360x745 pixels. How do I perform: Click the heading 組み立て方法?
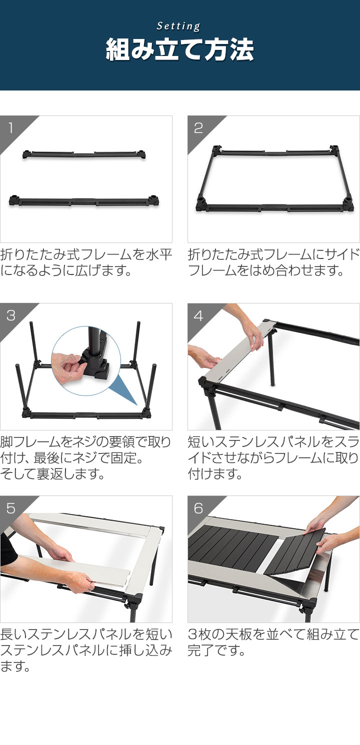pyautogui.click(x=179, y=50)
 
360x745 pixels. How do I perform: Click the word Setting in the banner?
pyautogui.click(x=179, y=26)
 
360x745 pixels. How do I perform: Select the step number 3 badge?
pyautogui.click(x=11, y=315)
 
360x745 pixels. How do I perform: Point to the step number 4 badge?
pyautogui.click(x=198, y=315)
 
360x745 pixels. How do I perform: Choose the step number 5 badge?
pyautogui.click(x=11, y=508)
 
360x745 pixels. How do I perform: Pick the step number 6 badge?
pyautogui.click(x=198, y=508)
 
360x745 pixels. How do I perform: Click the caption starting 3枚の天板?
pyautogui.click(x=273, y=643)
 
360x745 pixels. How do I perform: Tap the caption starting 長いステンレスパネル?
pyautogui.click(x=86, y=650)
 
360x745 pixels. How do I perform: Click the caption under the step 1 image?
pyautogui.click(x=86, y=262)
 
